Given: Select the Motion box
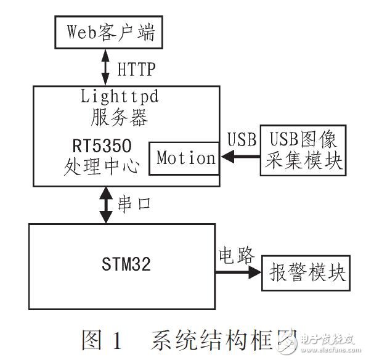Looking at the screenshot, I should [x=185, y=158].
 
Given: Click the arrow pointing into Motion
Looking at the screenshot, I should [x=237, y=158].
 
